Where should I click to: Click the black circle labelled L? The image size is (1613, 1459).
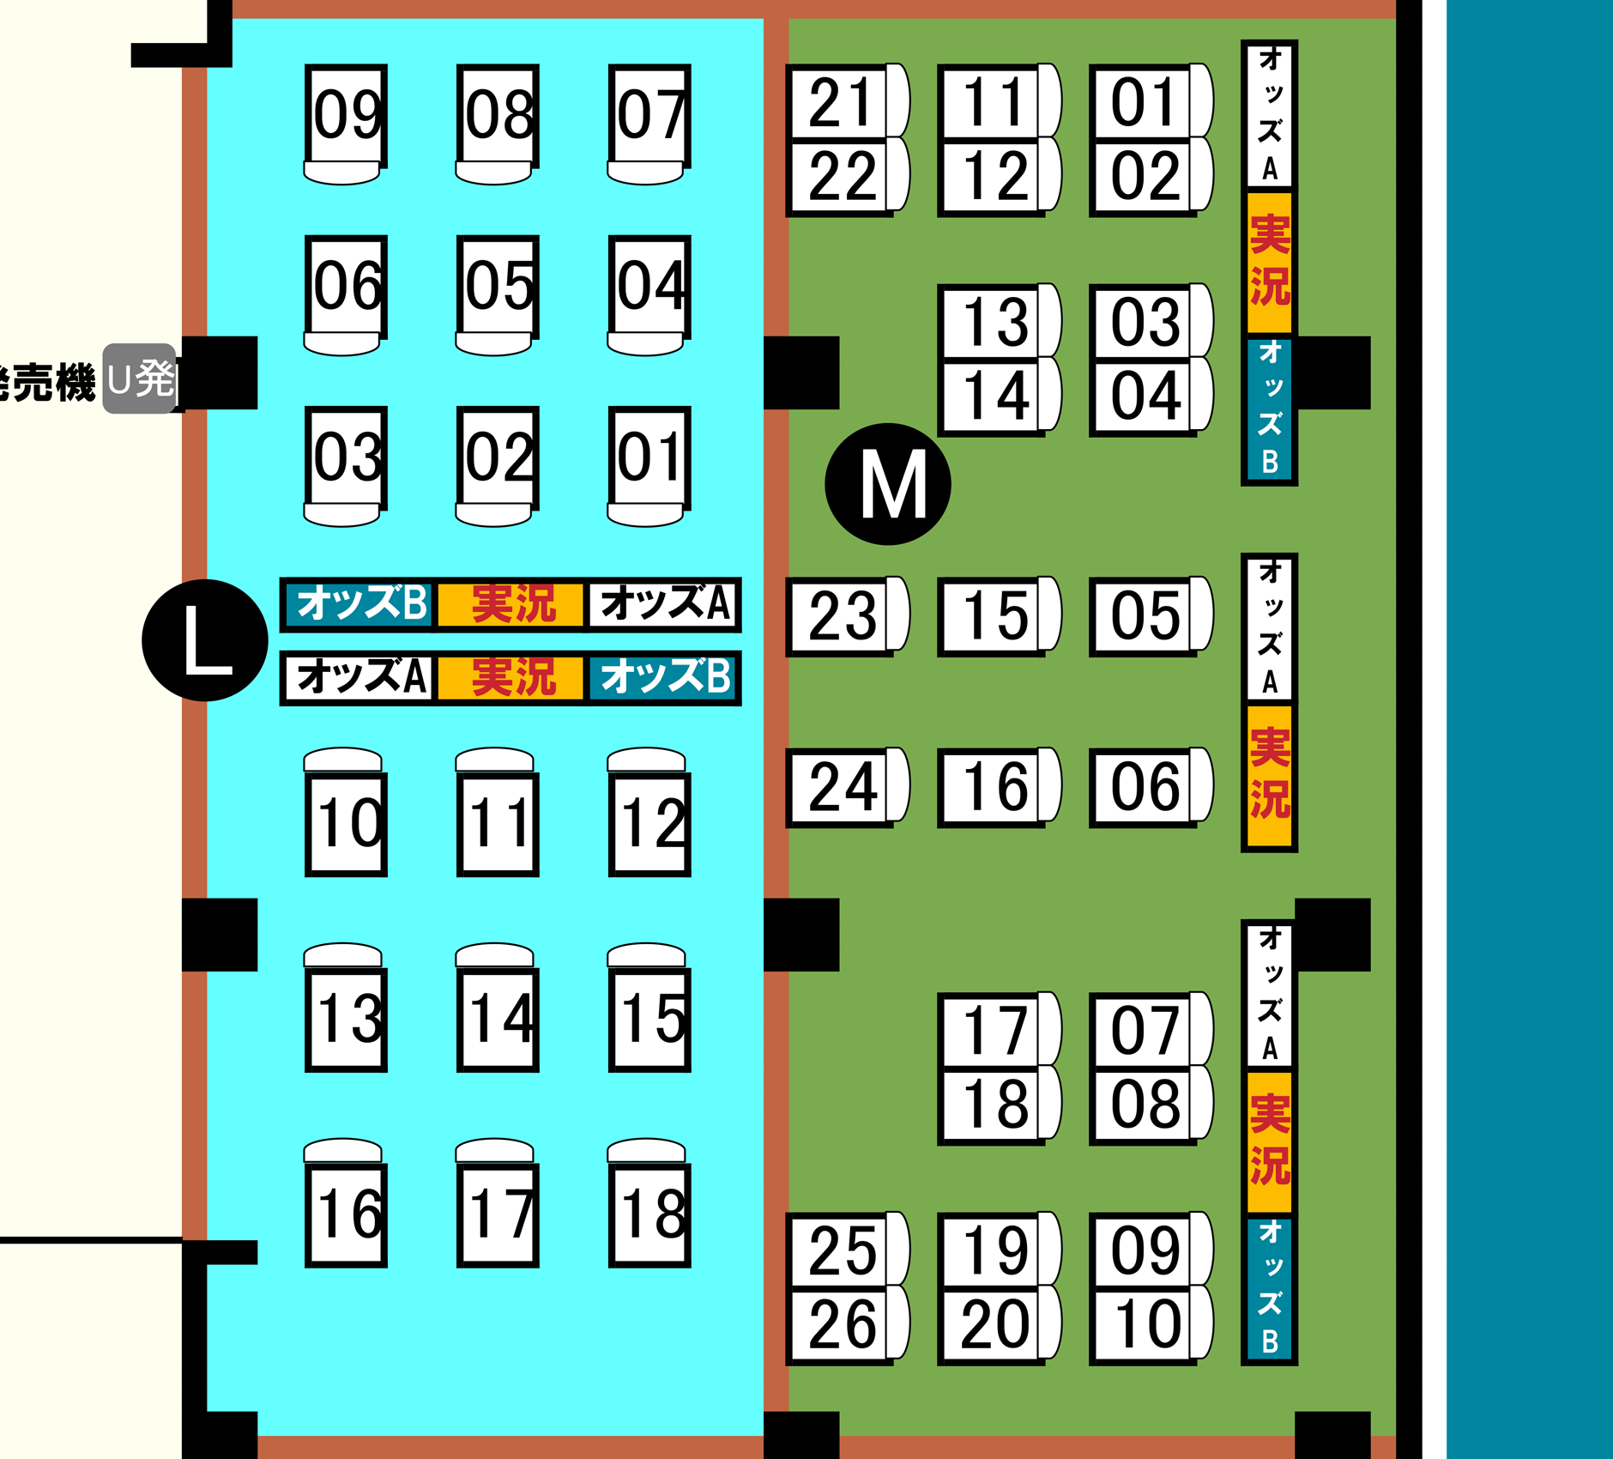[x=204, y=640]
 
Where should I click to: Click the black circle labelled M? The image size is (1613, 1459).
[x=887, y=484]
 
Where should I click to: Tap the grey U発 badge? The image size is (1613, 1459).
[x=140, y=378]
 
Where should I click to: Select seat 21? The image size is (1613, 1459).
[x=839, y=102]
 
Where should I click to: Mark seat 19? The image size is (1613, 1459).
[x=993, y=1250]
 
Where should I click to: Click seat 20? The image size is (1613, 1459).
[x=993, y=1324]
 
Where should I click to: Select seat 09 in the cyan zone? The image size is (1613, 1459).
[x=346, y=114]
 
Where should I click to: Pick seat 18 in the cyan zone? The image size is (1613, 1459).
[x=649, y=1214]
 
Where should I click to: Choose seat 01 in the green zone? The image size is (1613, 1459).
[x=1144, y=102]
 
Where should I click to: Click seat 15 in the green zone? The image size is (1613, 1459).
[x=993, y=615]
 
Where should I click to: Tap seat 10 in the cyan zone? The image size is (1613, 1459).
[x=346, y=823]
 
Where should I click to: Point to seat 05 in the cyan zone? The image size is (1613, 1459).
[x=498, y=286]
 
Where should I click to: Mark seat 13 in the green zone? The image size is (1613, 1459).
[x=993, y=322]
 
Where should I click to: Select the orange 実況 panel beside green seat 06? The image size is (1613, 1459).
[x=1269, y=774]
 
